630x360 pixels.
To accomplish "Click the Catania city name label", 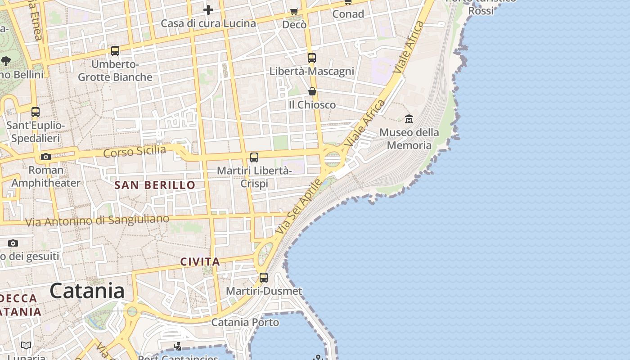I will pos(87,291).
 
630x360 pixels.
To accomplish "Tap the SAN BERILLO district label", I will pos(155,185).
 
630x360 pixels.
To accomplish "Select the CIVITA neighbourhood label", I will pos(200,261).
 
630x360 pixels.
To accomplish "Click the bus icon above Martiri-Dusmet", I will pos(264,278).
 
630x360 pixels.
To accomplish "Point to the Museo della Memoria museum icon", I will pos(409,119).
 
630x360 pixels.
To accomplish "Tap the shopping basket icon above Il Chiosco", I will pos(312,92).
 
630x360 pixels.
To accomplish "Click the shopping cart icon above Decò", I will pos(294,11).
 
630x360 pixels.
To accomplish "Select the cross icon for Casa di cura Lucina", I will pos(208,9).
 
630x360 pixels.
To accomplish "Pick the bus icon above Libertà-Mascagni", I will pos(312,58).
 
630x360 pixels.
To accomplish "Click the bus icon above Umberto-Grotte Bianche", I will pos(115,51).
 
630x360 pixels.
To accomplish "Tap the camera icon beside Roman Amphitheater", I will pos(46,157).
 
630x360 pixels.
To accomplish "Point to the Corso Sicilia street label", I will pos(135,151).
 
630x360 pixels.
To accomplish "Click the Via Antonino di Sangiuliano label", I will pos(97,220).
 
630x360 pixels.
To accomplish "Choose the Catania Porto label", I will pos(245,322).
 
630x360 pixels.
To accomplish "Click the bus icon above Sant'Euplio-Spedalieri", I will pos(36,112).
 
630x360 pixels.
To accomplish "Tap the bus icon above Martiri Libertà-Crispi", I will pos(254,157).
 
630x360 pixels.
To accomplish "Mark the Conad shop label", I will pos(348,14).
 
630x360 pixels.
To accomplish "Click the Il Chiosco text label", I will pos(312,105).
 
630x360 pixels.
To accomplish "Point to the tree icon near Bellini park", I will pos(6,61).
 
